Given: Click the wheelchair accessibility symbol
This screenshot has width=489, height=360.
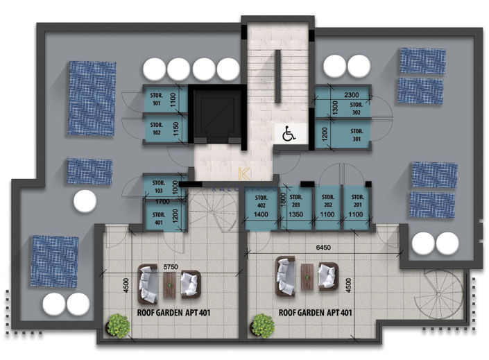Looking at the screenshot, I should click(x=289, y=133).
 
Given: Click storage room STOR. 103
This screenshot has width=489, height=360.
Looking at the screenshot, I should click(x=159, y=187).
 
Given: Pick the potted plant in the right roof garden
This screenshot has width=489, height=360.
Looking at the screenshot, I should click(x=262, y=325).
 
